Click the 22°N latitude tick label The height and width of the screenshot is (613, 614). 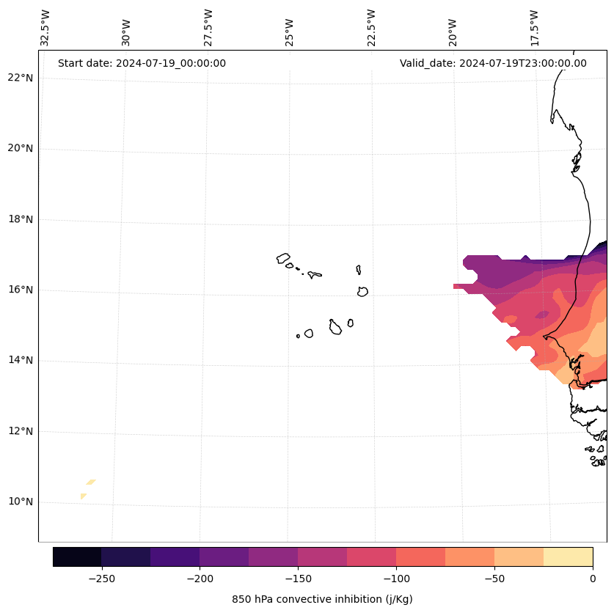(x=20, y=78)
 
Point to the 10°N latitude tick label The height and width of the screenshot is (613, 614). (x=20, y=502)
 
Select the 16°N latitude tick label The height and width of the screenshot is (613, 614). (x=20, y=290)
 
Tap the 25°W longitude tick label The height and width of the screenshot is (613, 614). (x=290, y=28)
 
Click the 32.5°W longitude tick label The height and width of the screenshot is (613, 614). (x=45, y=28)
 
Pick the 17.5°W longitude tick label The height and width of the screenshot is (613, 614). (x=534, y=28)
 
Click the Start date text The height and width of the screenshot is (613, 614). (x=142, y=63)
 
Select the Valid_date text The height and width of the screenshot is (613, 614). (x=493, y=63)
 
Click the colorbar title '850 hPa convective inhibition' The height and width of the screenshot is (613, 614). (x=322, y=599)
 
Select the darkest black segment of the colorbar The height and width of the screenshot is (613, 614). (x=77, y=557)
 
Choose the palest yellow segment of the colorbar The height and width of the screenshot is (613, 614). (x=568, y=557)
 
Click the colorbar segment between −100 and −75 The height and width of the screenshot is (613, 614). (x=420, y=557)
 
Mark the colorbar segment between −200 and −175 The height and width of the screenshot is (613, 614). (x=224, y=557)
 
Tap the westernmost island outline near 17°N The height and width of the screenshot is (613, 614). (x=283, y=258)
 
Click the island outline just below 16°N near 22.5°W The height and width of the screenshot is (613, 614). (x=362, y=291)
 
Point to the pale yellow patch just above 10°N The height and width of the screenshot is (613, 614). (x=90, y=482)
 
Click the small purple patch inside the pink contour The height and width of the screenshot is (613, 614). (x=541, y=315)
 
